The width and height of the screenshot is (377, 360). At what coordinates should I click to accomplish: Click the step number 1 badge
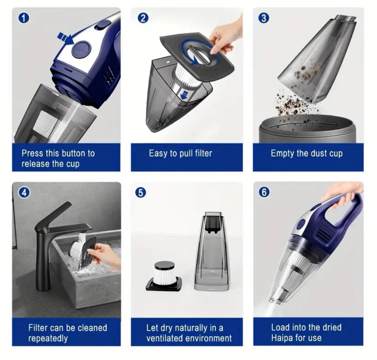[x=24, y=18]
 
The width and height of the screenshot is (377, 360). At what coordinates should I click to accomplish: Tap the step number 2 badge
[x=143, y=18]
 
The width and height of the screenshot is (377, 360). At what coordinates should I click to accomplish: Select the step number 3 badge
[x=264, y=18]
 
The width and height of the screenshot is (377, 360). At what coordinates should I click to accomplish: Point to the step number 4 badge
[x=24, y=193]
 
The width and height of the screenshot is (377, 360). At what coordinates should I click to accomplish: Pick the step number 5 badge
[x=141, y=193]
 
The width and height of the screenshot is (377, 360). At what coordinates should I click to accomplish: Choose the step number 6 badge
[x=264, y=192]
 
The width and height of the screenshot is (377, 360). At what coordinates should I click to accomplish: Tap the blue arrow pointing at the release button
[x=66, y=39]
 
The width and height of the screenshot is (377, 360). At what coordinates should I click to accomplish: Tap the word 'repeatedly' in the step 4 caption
[x=48, y=339]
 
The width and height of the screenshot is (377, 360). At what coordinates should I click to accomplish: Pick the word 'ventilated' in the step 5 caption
[x=165, y=338]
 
